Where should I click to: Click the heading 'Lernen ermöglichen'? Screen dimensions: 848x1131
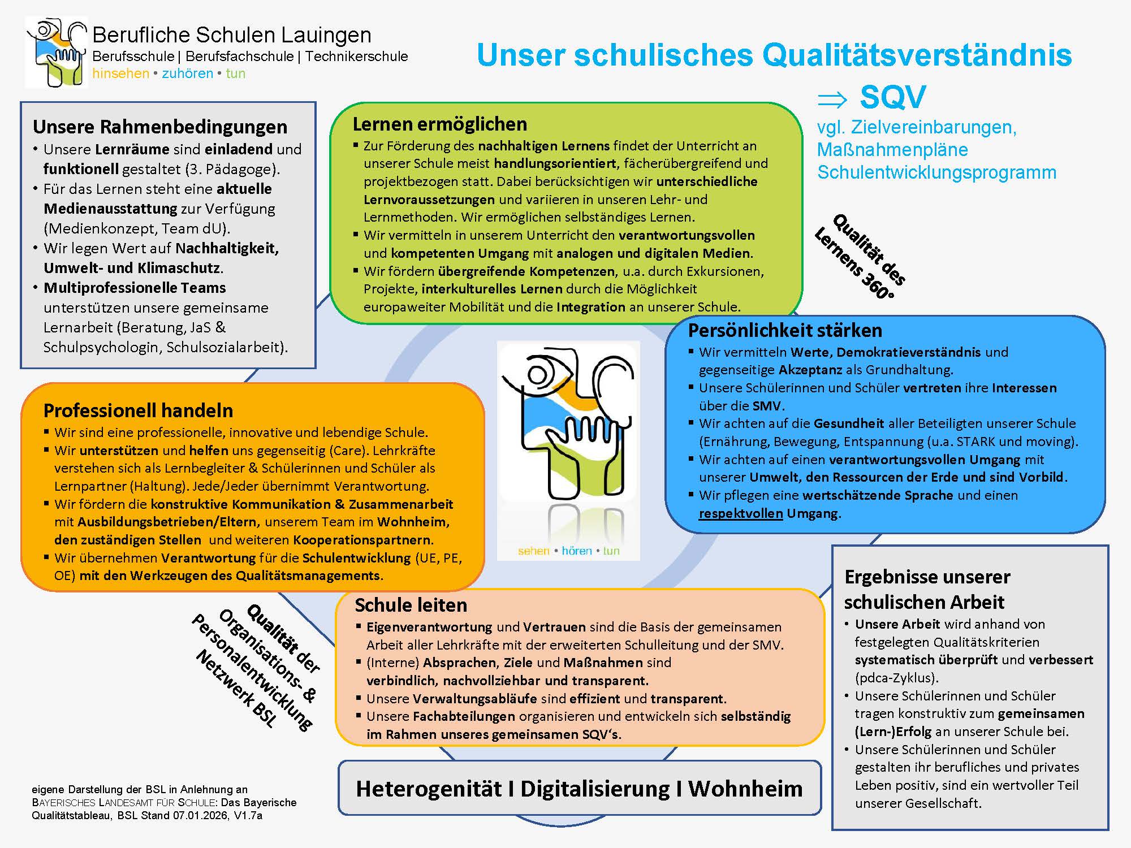pos(439,124)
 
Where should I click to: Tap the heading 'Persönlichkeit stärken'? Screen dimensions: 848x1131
pos(785,330)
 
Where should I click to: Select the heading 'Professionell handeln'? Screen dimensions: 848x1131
pos(138,410)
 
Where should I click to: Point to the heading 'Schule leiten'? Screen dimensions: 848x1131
pos(411,605)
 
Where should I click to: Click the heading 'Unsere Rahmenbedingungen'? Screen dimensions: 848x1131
pos(160,127)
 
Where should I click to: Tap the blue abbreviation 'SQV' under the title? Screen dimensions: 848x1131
pos(892,97)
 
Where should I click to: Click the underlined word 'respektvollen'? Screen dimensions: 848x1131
pos(741,513)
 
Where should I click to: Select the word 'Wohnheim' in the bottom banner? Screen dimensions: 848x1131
pos(745,789)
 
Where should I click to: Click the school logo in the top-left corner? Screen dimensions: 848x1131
pos(57,53)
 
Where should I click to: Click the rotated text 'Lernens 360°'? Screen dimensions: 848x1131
pos(853,264)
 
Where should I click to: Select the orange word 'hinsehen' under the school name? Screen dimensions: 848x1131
pos(120,73)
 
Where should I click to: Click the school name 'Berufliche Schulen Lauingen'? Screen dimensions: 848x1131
pos(231,35)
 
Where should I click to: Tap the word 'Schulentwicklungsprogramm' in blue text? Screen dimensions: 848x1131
pos(936,172)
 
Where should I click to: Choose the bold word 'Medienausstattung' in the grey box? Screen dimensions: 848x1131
pos(110,209)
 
